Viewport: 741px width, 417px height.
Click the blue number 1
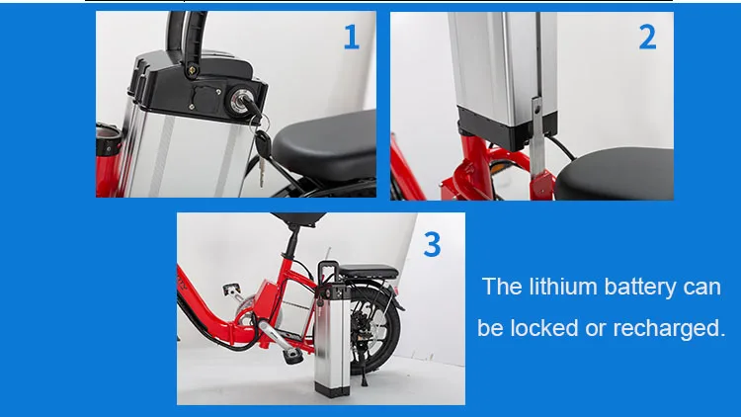click(352, 38)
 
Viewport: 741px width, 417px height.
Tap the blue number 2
click(647, 38)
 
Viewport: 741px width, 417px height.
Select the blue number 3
click(432, 243)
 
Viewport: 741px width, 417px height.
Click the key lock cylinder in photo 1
click(241, 100)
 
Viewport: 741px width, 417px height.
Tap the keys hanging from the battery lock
click(259, 148)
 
